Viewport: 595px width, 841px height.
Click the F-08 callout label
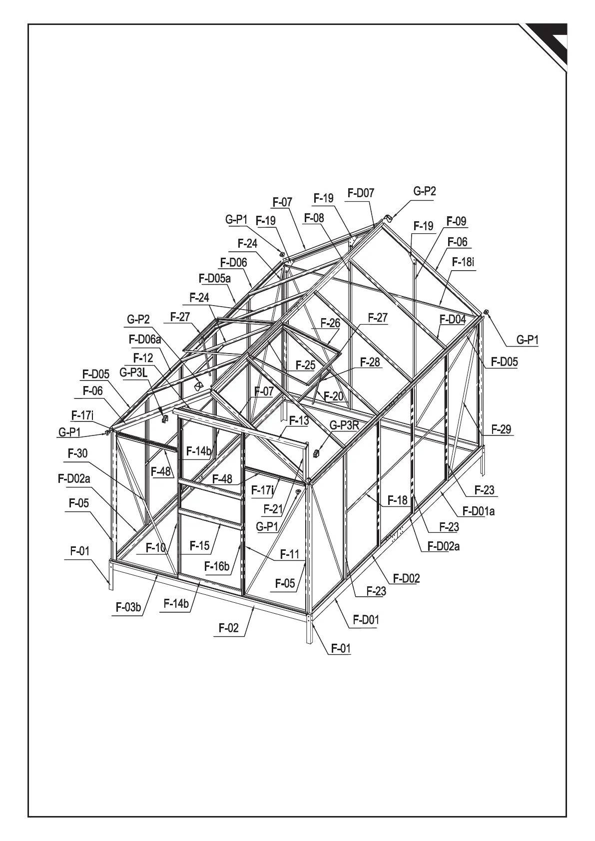tap(314, 218)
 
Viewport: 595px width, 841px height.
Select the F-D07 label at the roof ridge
tap(361, 193)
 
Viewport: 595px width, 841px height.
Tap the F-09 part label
tap(456, 221)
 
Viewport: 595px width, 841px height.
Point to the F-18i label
tap(463, 262)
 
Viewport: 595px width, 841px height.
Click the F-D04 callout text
tap(452, 319)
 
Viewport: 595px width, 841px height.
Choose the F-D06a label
tap(145, 340)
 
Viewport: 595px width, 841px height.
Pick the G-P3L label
tap(133, 372)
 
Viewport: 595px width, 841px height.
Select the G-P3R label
tap(344, 425)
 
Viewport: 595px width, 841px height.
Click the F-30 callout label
tap(77, 453)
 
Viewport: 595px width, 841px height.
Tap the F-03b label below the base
tap(129, 607)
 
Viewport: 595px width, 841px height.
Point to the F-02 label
tap(229, 628)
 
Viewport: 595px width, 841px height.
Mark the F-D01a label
tap(478, 511)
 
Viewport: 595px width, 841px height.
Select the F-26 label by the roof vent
tap(330, 323)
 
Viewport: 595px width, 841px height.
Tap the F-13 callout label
tap(299, 420)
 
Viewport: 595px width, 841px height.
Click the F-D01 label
tap(366, 620)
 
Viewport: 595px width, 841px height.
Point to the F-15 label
tap(200, 545)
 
